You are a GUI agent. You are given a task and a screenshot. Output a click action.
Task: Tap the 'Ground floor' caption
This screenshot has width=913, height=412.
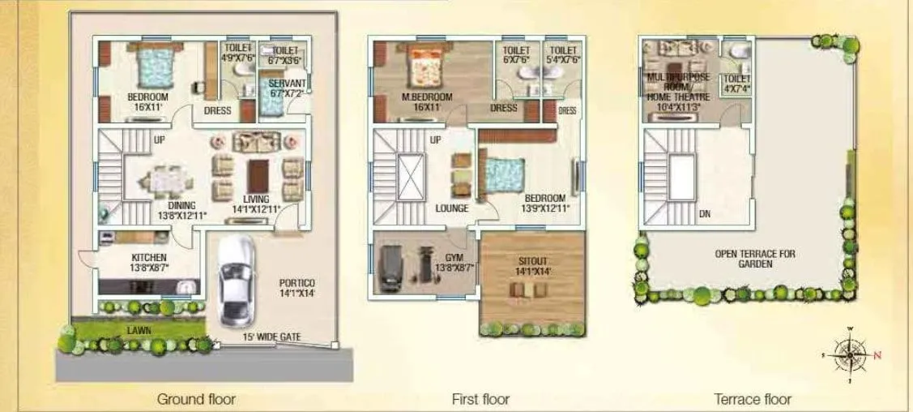coord(196,399)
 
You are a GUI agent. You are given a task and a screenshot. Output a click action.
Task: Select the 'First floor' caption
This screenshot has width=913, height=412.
coord(480,399)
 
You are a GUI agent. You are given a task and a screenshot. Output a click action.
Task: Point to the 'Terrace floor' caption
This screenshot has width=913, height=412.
coord(753,399)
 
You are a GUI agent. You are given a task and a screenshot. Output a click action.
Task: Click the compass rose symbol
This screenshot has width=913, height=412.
coord(851,353)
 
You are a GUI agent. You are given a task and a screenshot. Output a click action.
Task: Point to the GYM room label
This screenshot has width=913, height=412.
coord(454,256)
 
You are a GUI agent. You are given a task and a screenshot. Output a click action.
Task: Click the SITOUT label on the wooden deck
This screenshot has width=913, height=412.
coord(532,262)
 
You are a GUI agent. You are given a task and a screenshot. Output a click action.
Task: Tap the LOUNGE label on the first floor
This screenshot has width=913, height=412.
coord(452,208)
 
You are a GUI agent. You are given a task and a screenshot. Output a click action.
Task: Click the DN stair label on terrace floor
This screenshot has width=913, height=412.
coord(705,216)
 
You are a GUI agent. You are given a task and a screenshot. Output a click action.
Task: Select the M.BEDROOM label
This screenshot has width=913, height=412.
coord(427,97)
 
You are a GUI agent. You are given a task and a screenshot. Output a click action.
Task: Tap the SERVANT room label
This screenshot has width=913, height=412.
coord(287,84)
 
